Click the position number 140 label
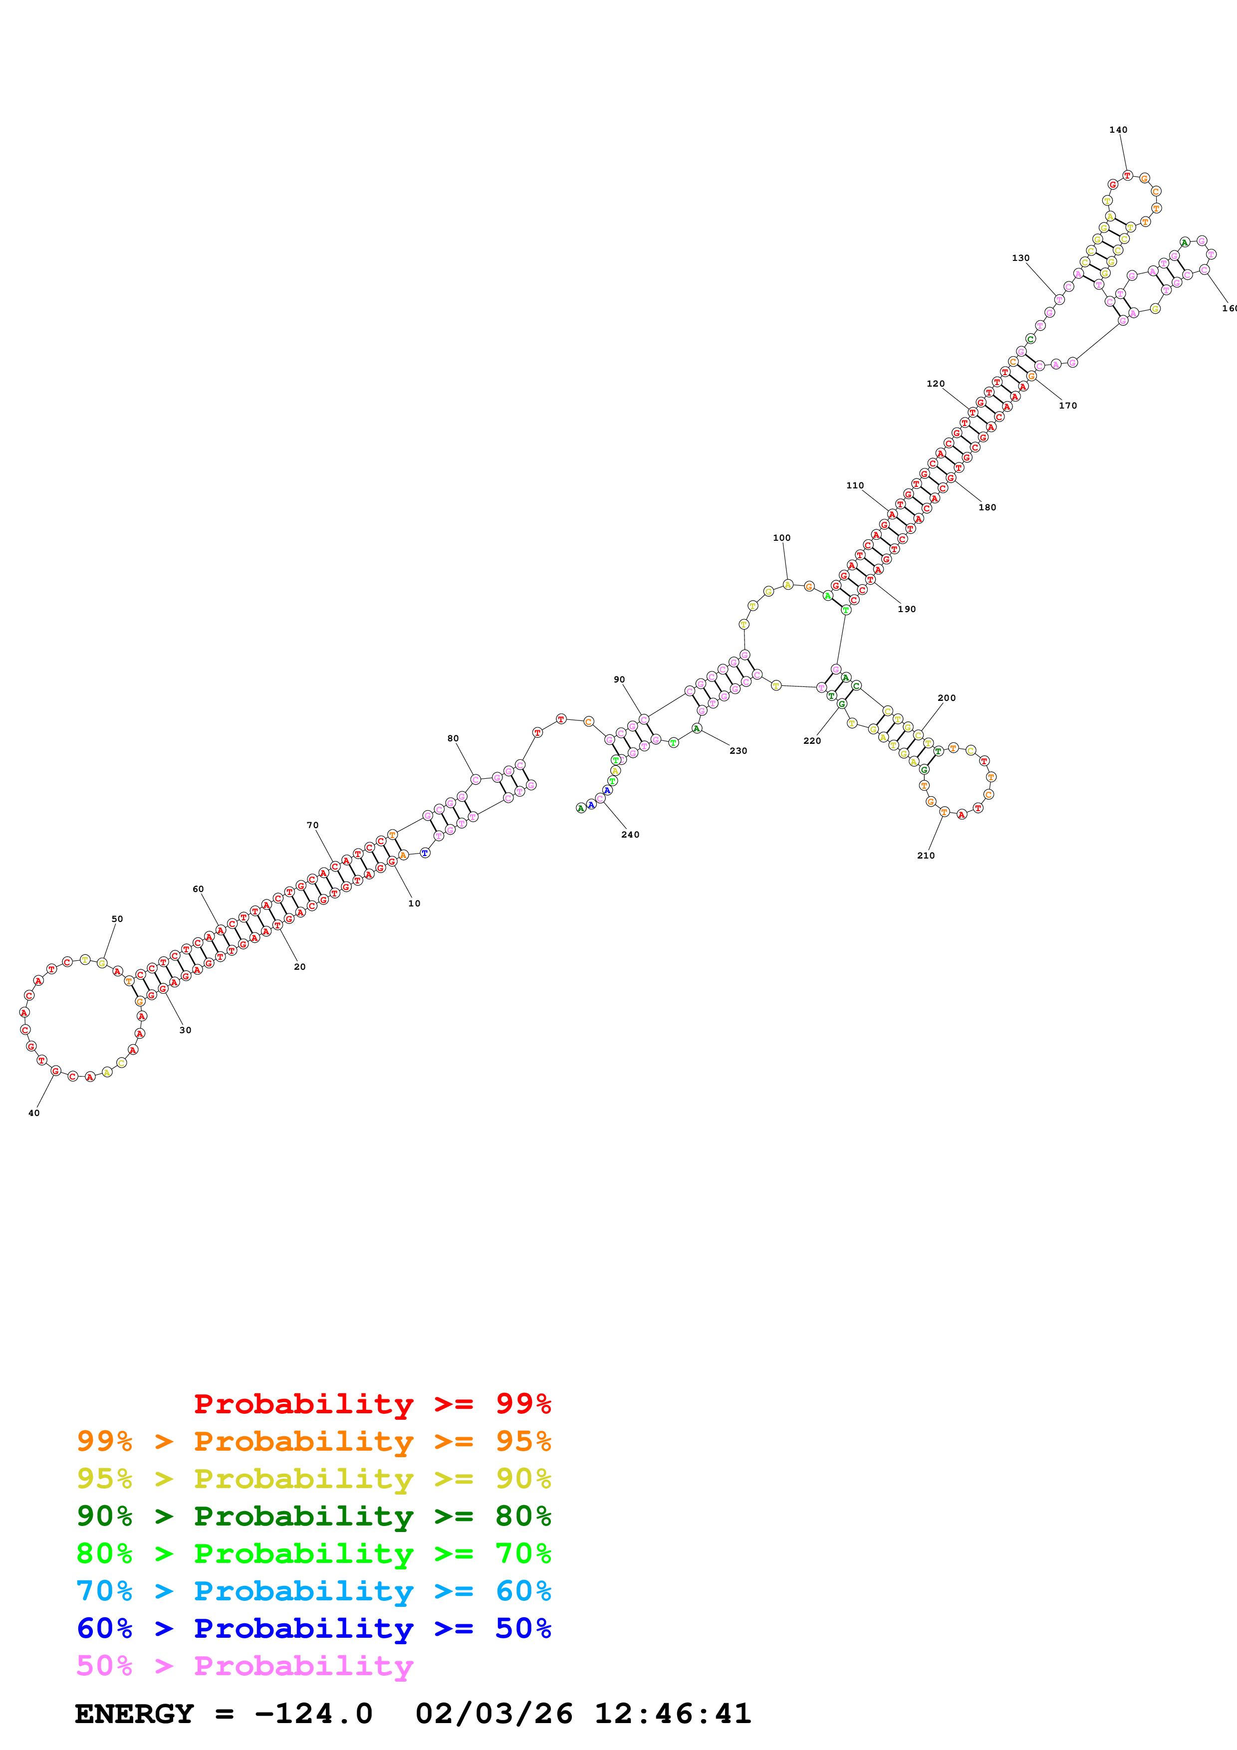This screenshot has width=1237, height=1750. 1118,130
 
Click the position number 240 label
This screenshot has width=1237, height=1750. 630,835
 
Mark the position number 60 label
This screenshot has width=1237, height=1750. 198,889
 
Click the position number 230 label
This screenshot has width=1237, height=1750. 739,751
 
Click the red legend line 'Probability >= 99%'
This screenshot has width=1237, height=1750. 372,1403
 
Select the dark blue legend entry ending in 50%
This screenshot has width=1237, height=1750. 313,1628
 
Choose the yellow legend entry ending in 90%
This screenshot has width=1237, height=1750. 313,1479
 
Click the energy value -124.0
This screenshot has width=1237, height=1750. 313,1714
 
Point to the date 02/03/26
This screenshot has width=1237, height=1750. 494,1714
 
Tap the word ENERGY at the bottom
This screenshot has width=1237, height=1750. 134,1714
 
